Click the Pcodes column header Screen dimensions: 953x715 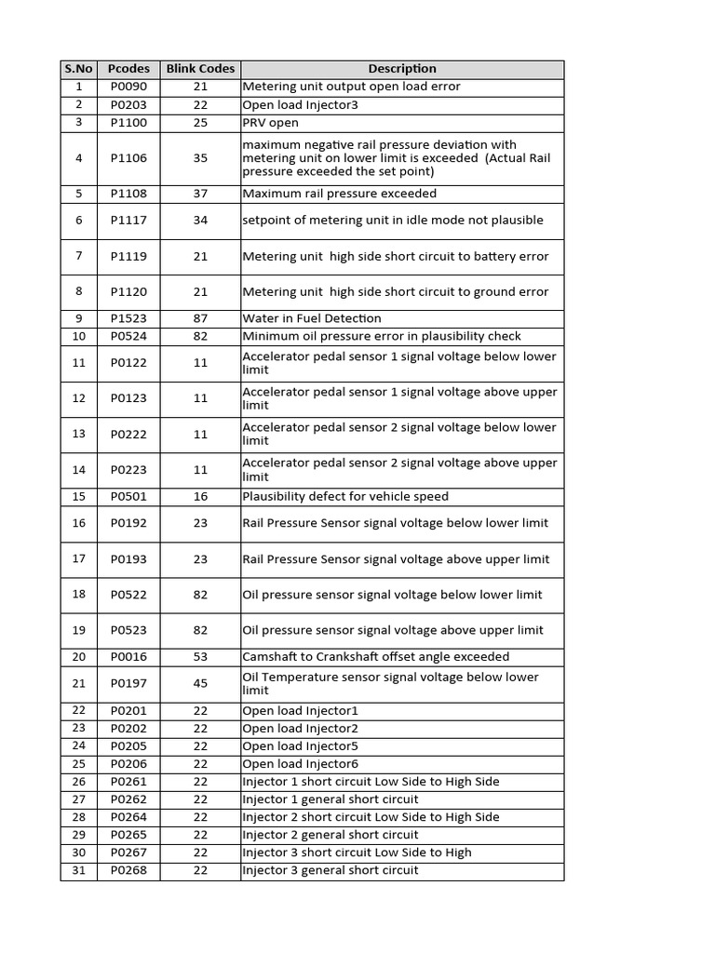pyautogui.click(x=128, y=69)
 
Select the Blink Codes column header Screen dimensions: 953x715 pyautogui.click(x=200, y=69)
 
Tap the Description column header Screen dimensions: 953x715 pyautogui.click(x=401, y=69)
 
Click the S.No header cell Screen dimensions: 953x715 pyautogui.click(x=79, y=69)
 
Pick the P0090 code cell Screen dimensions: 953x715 pyautogui.click(x=128, y=87)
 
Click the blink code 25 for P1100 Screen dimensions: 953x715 pyautogui.click(x=200, y=123)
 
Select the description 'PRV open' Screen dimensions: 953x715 pyautogui.click(x=271, y=123)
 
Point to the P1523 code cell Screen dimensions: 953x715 pyautogui.click(x=128, y=318)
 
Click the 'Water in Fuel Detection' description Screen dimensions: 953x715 pyautogui.click(x=312, y=318)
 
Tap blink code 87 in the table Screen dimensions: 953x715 pyautogui.click(x=200, y=318)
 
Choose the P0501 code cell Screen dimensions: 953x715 pyautogui.click(x=128, y=497)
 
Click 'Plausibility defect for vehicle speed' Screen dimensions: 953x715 pyautogui.click(x=345, y=497)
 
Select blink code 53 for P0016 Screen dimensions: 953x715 pyautogui.click(x=200, y=657)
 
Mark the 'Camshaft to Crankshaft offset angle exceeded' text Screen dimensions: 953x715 pyautogui.click(x=376, y=657)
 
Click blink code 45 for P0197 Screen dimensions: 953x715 pyautogui.click(x=200, y=684)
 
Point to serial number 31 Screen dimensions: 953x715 pyautogui.click(x=79, y=871)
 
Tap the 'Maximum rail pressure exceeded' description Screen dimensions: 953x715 pyautogui.click(x=339, y=194)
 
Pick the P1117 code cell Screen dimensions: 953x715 pyautogui.click(x=128, y=221)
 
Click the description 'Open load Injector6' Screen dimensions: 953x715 pyautogui.click(x=300, y=764)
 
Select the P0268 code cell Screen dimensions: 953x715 pyautogui.click(x=128, y=871)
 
